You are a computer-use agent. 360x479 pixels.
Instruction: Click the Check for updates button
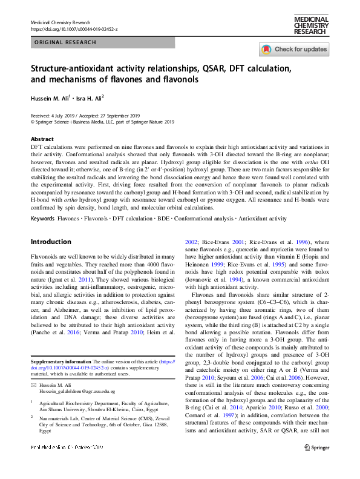294,50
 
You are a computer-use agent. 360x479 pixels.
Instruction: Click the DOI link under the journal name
74,29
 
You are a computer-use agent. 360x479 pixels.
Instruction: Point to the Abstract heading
42,139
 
